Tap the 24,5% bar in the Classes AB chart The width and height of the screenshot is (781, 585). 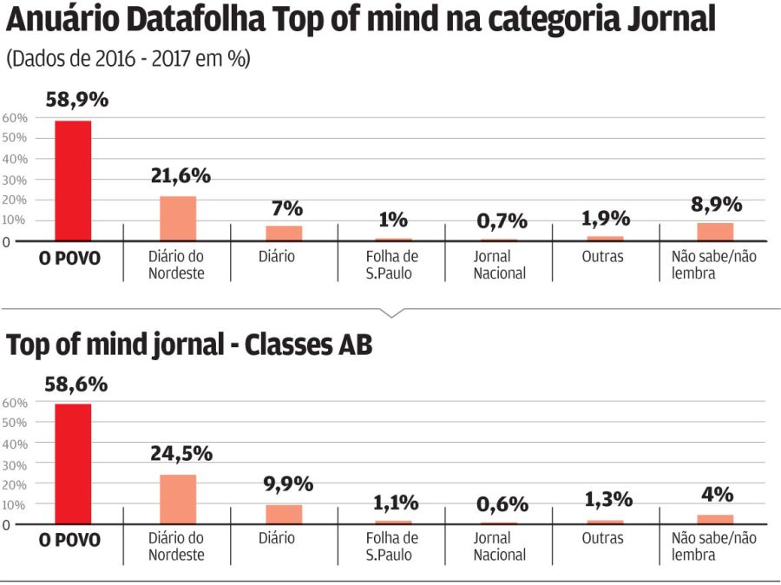(178, 499)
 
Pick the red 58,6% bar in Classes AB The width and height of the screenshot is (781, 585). (73, 463)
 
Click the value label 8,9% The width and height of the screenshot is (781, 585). (716, 205)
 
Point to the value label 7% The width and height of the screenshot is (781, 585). (286, 208)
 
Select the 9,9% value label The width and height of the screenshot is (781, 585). (287, 484)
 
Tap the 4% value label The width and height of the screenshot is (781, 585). (718, 495)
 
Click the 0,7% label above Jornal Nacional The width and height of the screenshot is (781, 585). (502, 221)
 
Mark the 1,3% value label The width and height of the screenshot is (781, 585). (607, 500)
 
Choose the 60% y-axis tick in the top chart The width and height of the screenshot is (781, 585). (15, 118)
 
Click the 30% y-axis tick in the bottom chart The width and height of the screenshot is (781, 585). (15, 464)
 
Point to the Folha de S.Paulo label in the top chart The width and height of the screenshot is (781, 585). (391, 265)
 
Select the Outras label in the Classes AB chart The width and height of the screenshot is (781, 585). (602, 538)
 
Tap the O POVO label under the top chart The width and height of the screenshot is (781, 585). (70, 258)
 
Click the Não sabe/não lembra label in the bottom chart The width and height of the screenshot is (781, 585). (713, 546)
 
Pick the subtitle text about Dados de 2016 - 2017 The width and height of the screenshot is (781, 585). (128, 59)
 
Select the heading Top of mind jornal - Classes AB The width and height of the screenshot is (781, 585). (189, 345)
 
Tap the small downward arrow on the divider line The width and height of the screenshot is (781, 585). (390, 312)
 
